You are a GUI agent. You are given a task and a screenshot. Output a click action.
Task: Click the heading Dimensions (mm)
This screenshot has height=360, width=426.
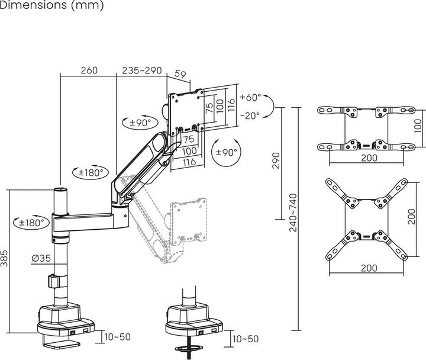click(52, 7)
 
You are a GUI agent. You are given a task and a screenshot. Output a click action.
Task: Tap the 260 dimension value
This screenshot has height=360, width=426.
click(88, 70)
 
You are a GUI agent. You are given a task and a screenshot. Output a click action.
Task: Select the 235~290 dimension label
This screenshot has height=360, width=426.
click(141, 70)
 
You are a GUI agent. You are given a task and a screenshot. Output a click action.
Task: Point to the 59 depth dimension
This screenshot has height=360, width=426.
click(181, 75)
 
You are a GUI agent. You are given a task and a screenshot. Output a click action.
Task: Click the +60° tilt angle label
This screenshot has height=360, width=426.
click(250, 97)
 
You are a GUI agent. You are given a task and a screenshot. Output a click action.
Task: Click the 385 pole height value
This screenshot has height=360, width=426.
click(5, 259)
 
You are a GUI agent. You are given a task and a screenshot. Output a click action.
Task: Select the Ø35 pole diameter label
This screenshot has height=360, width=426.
click(40, 259)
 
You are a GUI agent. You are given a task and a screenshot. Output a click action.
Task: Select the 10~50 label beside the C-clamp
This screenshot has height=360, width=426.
click(117, 337)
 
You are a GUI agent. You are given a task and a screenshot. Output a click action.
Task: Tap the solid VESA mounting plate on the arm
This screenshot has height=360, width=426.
click(186, 112)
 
